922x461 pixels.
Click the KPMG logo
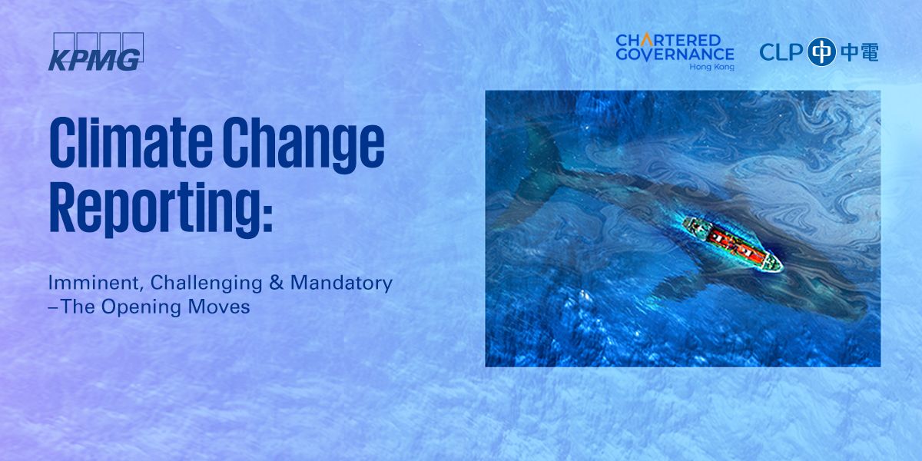[x=96, y=52]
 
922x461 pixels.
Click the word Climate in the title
[x=131, y=141]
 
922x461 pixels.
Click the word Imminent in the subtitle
[x=96, y=283]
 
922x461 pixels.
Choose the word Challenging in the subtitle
[x=206, y=284]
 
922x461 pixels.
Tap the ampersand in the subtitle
[x=276, y=283]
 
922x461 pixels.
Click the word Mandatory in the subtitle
[x=341, y=284]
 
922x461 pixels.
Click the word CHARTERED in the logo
[x=668, y=40]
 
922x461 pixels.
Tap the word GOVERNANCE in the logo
[x=675, y=55]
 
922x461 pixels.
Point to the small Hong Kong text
[x=711, y=67]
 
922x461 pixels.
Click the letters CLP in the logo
[x=781, y=52]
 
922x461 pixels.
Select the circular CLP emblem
[x=821, y=52]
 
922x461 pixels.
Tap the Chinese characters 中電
[x=860, y=52]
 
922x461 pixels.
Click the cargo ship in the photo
[x=733, y=245]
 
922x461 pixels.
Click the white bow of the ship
[x=773, y=264]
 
